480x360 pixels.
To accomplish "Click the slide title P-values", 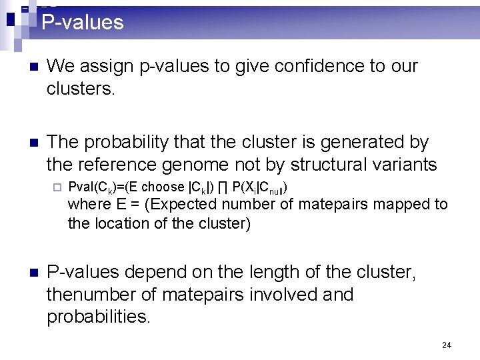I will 83,23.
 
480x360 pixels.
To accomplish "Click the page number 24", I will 446,345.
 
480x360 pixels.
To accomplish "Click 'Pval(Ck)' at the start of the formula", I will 93,187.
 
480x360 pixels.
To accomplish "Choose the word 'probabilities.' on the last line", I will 99,317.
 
